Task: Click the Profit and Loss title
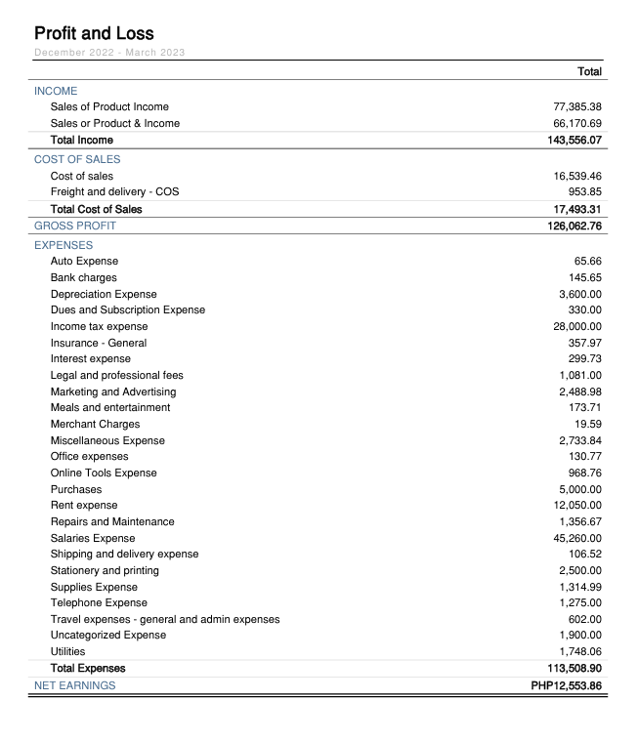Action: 94,33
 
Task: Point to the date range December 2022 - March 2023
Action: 109,52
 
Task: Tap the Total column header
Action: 589,71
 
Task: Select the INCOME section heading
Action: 56,91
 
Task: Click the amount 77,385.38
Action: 576,106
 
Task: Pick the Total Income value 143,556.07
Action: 574,140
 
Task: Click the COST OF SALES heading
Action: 77,159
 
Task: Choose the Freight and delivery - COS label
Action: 114,192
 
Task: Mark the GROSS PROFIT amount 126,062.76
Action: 574,226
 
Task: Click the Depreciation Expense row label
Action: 104,294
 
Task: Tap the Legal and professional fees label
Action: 116,375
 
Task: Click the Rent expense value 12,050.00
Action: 576,505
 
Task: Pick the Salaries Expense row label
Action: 93,538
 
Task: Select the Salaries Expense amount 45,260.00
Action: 576,538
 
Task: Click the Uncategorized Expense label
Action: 108,635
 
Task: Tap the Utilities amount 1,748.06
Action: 580,651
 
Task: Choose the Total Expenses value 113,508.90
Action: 574,668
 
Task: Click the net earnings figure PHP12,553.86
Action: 566,685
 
